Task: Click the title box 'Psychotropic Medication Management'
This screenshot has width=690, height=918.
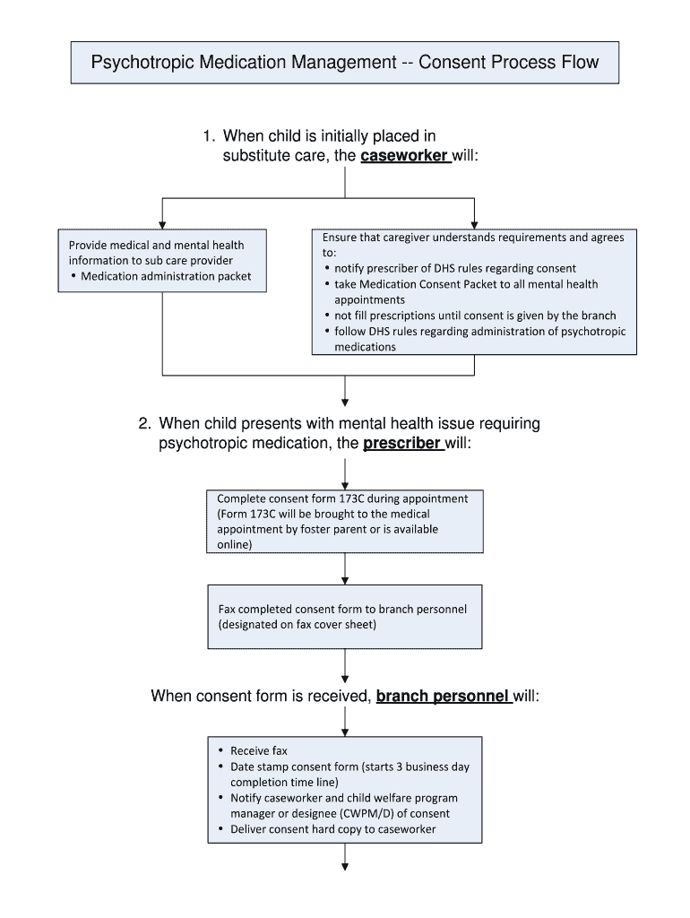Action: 345,63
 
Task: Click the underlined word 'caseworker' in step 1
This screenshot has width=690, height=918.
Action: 404,156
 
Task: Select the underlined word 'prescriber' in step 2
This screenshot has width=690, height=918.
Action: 402,443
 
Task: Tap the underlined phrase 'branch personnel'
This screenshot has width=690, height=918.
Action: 444,697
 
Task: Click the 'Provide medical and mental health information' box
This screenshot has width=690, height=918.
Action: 161,260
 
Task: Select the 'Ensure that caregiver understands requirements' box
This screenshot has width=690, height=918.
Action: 474,291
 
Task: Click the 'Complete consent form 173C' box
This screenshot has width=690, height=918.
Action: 345,521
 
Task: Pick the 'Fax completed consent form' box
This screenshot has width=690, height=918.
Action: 345,617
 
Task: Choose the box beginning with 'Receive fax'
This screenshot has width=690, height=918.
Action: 345,790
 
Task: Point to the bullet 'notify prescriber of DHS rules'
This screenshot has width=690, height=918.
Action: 455,268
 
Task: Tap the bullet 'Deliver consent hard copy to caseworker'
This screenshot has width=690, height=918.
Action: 332,829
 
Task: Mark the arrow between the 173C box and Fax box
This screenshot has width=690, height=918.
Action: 345,568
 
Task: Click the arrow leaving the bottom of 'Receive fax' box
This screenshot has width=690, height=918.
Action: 345,860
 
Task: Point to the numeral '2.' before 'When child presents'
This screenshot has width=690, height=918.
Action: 144,423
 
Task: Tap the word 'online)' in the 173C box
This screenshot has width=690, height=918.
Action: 235,544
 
